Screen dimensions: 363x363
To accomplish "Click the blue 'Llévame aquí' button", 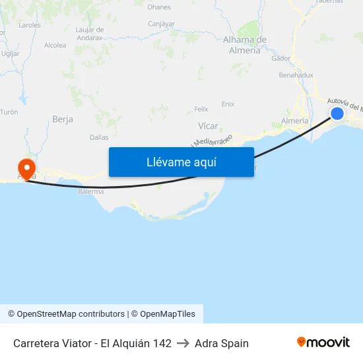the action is click(x=181, y=162).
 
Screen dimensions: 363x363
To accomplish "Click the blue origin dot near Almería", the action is click(x=337, y=114).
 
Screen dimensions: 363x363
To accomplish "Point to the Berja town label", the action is click(x=62, y=119).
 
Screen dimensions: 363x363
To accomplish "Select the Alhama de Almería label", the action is click(x=245, y=45).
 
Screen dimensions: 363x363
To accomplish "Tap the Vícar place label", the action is click(x=208, y=125).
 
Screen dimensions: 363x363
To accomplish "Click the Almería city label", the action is click(x=294, y=121).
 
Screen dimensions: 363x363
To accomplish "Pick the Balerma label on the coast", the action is click(x=90, y=191).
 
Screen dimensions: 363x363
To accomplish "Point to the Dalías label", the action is click(x=99, y=137).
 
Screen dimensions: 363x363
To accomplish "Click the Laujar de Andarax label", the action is click(x=90, y=34).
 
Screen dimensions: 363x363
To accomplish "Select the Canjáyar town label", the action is click(x=161, y=24).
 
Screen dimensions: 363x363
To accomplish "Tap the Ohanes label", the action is click(x=159, y=7).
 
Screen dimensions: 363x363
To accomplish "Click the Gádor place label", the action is click(x=280, y=58).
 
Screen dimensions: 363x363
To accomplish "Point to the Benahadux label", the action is click(x=296, y=75).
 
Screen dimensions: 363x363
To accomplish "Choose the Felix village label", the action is click(x=201, y=109).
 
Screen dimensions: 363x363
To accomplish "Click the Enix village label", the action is click(x=228, y=104).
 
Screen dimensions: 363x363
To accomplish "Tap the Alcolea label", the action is click(x=55, y=46).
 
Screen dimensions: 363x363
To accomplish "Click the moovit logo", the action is click(x=323, y=343).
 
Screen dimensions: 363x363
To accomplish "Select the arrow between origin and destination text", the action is click(x=183, y=343).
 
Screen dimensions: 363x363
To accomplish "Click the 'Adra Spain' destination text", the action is click(x=222, y=343).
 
